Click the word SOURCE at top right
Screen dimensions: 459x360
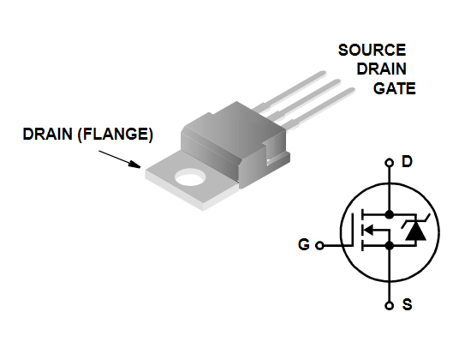372,50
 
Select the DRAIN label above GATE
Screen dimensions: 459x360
381,69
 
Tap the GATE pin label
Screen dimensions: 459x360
394,88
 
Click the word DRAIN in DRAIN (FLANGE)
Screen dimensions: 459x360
47,134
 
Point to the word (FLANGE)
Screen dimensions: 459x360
116,135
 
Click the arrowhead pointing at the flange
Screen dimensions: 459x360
135,164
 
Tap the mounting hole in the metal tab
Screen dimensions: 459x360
190,177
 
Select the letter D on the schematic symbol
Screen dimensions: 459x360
407,162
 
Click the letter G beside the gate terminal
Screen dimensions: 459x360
303,244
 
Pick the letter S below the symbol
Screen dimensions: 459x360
407,304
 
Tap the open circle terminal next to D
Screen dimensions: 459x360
389,163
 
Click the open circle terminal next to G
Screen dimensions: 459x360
319,245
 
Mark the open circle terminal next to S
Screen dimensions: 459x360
389,306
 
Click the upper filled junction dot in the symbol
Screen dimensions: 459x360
389,214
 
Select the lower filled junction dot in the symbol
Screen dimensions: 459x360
389,246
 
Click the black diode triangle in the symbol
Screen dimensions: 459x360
415,233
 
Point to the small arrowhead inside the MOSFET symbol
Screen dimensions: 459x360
368,230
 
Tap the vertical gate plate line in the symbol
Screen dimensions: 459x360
352,230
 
